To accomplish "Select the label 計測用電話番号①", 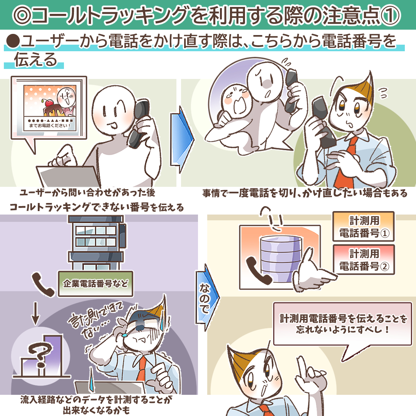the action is pyautogui.click(x=364, y=226).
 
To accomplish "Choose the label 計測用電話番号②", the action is pyautogui.click(x=364, y=260).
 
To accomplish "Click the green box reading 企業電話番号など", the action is pyautogui.click(x=96, y=283).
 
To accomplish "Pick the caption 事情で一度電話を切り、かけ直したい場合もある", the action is pyautogui.click(x=305, y=193).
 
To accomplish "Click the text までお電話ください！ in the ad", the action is pyautogui.click(x=50, y=126).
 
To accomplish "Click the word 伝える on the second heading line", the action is pyautogui.click(x=35, y=60).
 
